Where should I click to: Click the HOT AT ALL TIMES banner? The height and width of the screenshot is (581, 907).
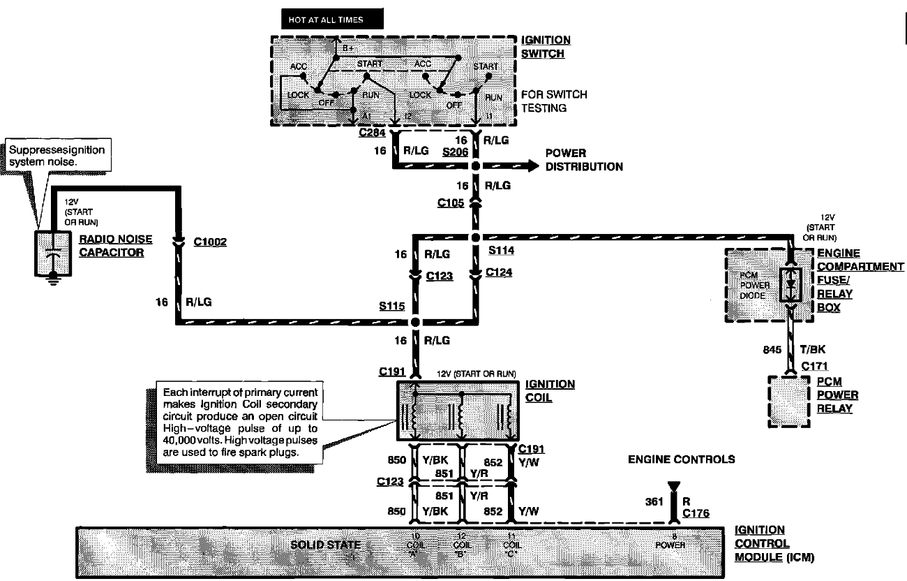(331, 20)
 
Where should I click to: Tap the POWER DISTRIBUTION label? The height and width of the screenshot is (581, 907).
(584, 160)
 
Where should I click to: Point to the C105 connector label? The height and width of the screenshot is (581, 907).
(451, 203)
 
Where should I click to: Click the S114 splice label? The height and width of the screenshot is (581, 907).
(502, 249)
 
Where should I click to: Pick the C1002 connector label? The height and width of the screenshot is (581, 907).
(210, 242)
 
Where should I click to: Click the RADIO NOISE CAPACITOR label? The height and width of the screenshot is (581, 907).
(116, 245)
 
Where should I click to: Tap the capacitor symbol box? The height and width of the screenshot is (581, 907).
(49, 253)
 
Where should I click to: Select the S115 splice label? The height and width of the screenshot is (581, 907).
(393, 307)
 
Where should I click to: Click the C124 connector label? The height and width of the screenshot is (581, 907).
(500, 272)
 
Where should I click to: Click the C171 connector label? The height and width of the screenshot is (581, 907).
(814, 366)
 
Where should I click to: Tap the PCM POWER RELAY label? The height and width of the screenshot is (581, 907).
(837, 395)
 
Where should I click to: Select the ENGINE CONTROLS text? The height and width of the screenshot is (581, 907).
(681, 459)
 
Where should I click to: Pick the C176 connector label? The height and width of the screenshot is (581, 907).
(696, 513)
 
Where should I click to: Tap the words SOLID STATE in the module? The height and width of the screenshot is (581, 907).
(326, 545)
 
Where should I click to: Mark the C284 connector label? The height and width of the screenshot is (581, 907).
(373, 133)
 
